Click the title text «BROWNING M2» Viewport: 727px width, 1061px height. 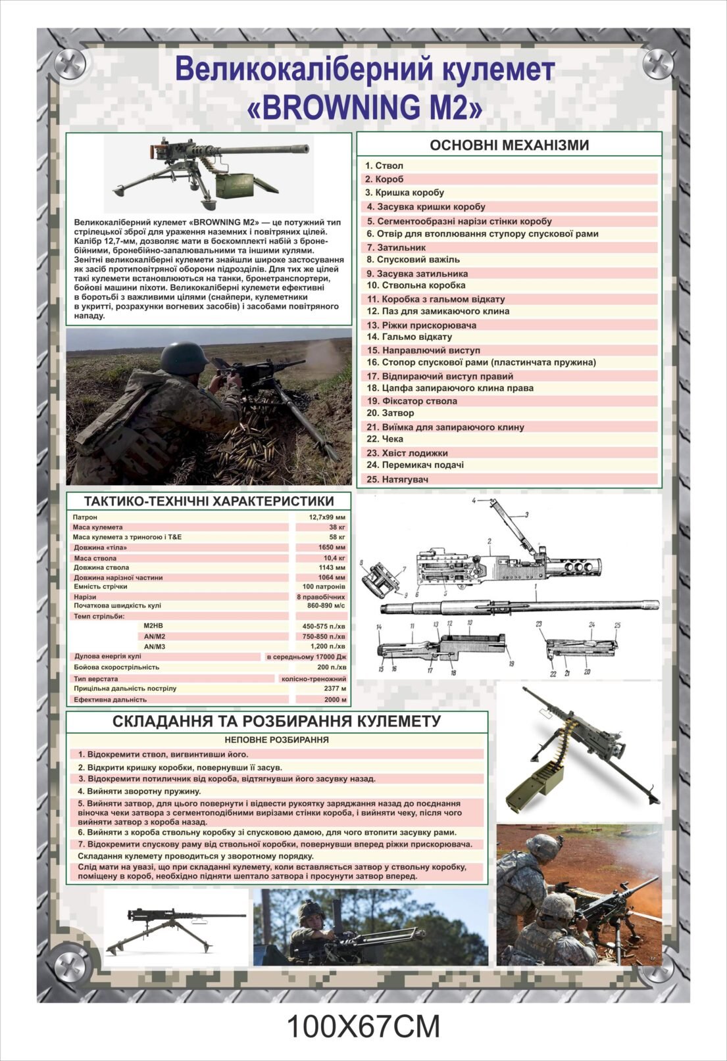[x=364, y=106]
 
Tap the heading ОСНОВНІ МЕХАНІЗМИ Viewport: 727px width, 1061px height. [x=509, y=145]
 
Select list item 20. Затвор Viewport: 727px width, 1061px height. [x=391, y=413]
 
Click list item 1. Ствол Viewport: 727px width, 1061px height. [x=385, y=166]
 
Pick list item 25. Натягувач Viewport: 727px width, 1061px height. [x=397, y=479]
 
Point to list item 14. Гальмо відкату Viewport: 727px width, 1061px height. [x=409, y=337]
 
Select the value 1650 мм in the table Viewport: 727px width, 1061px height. [x=332, y=547]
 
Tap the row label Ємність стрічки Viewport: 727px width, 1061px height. [x=101, y=586]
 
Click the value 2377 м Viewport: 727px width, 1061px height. [x=334, y=688]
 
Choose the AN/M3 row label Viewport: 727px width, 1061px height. [x=155, y=647]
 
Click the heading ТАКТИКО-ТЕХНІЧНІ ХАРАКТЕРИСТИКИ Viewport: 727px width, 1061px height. [x=209, y=501]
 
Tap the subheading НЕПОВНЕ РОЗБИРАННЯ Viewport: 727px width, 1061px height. [x=276, y=740]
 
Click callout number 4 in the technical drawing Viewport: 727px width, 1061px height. [x=473, y=501]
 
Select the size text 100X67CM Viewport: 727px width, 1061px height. [x=363, y=1027]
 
